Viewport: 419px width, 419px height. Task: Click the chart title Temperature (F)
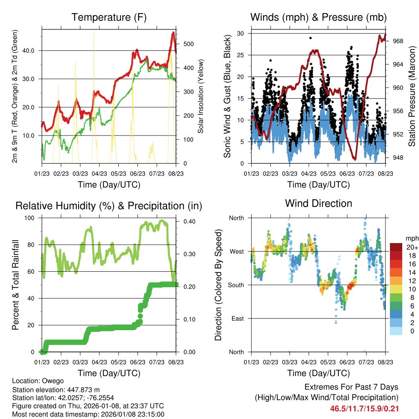tap(109, 18)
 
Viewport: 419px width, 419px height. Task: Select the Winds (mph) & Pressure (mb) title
tap(318, 18)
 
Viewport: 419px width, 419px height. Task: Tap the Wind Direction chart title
tap(318, 203)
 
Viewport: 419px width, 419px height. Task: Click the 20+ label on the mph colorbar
tap(412, 247)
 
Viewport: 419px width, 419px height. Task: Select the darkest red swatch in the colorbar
tap(396, 247)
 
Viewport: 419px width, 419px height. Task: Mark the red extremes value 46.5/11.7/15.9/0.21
tap(364, 408)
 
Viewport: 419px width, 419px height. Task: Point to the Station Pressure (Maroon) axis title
tap(412, 96)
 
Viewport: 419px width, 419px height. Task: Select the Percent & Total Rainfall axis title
tap(15, 285)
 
